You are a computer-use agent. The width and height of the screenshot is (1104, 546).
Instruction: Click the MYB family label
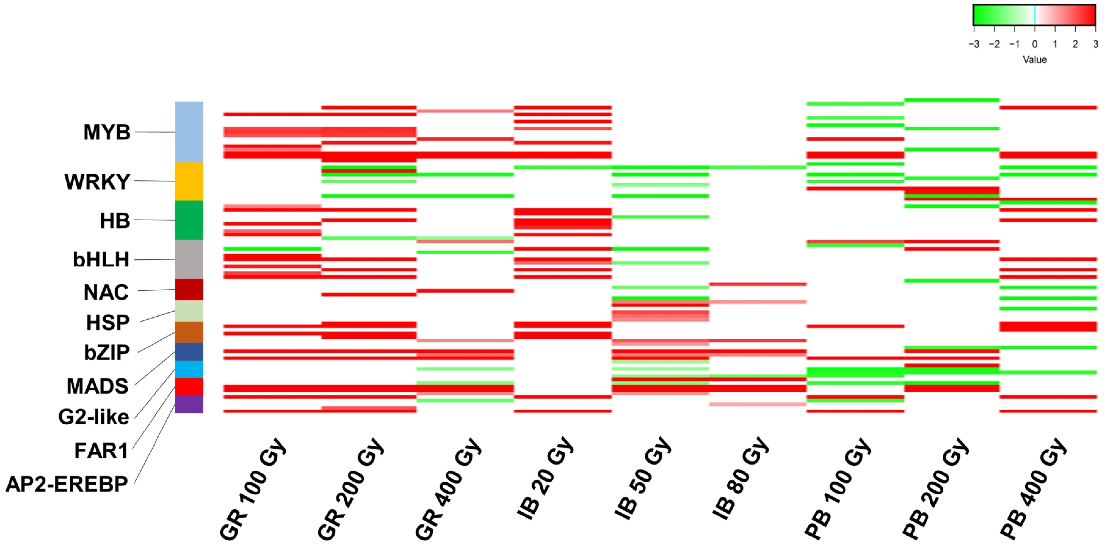(107, 132)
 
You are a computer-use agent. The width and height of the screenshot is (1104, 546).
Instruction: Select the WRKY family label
(97, 182)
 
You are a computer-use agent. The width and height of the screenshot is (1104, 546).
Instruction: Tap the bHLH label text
(101, 259)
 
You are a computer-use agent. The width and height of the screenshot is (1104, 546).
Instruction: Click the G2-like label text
(94, 417)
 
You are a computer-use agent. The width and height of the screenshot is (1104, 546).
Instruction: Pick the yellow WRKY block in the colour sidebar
(189, 181)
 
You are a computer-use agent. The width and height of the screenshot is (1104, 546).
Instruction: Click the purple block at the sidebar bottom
(189, 404)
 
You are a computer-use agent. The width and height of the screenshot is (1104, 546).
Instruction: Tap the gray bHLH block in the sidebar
(189, 259)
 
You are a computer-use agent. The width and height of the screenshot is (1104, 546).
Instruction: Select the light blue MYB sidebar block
(189, 132)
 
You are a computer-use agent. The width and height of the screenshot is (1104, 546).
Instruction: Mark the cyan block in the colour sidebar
(189, 369)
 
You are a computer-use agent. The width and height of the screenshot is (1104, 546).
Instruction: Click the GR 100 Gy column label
(253, 489)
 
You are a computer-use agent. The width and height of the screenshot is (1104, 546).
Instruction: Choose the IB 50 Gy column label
(643, 479)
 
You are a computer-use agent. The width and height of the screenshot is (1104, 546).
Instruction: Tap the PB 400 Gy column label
(1033, 489)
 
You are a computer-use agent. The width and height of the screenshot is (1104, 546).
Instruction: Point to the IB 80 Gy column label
(740, 479)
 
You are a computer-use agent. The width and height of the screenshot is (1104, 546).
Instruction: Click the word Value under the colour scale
(1034, 60)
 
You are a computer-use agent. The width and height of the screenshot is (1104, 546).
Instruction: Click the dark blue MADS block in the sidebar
(189, 352)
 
